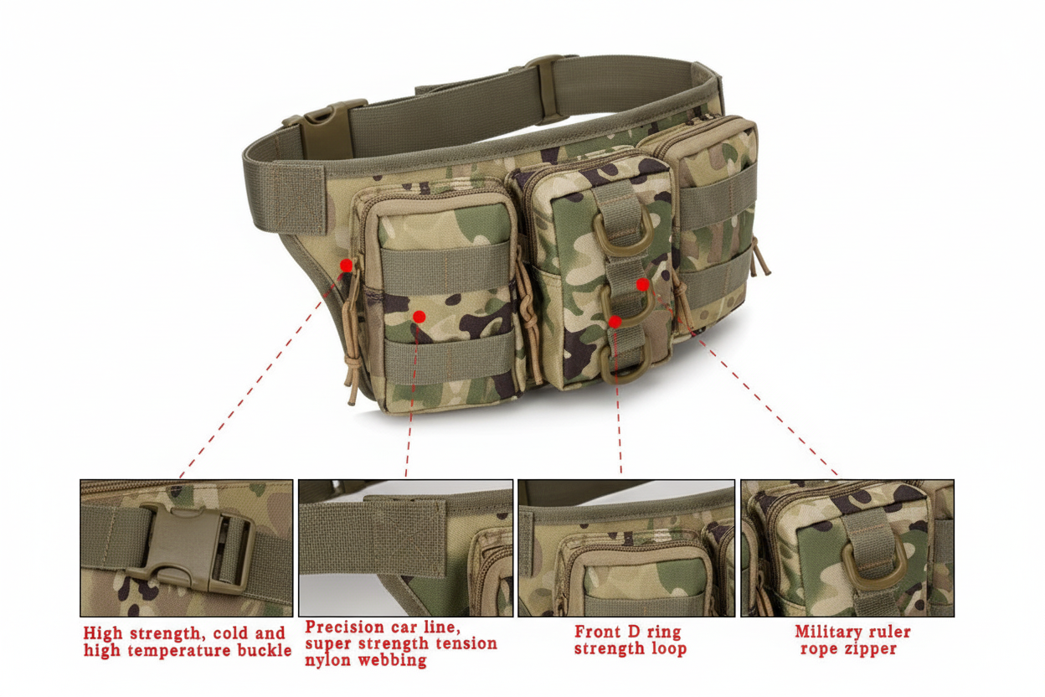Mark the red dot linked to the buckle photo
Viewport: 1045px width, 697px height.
coord(346,266)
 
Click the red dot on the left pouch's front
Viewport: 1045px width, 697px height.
coord(419,317)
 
